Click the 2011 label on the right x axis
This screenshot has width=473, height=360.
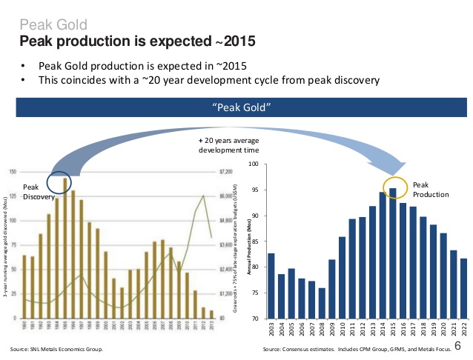352,330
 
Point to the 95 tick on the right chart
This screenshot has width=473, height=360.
254,190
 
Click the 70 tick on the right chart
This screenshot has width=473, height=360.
254,319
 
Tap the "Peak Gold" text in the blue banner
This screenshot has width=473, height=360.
241,109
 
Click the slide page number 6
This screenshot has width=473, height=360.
457,346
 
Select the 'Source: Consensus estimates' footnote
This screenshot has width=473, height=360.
356,348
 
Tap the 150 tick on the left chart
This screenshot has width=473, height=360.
13,172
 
